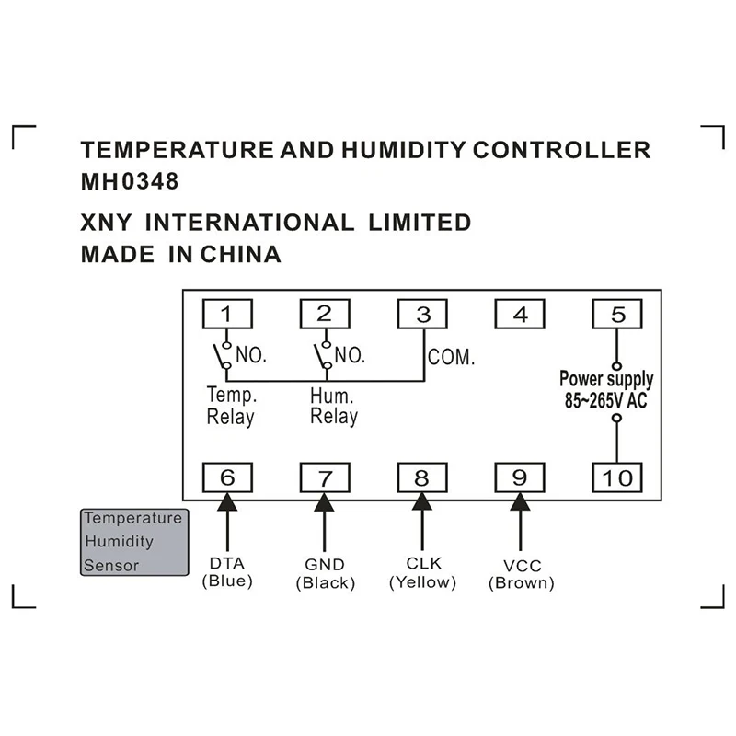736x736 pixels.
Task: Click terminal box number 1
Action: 226,315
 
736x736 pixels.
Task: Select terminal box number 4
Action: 521,315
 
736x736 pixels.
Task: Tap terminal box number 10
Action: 618,477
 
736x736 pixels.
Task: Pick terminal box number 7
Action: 324,477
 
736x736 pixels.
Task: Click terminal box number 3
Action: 422,315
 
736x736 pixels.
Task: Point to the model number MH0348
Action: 130,181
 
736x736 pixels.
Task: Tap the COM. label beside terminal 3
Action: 451,357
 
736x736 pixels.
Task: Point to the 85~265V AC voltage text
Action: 606,400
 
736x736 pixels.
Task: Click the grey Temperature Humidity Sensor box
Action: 133,542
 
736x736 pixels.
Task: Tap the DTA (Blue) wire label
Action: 226,572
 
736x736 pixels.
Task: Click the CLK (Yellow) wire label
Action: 422,572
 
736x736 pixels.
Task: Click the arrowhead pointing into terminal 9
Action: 520,501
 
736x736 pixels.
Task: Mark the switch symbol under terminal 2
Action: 322,355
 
